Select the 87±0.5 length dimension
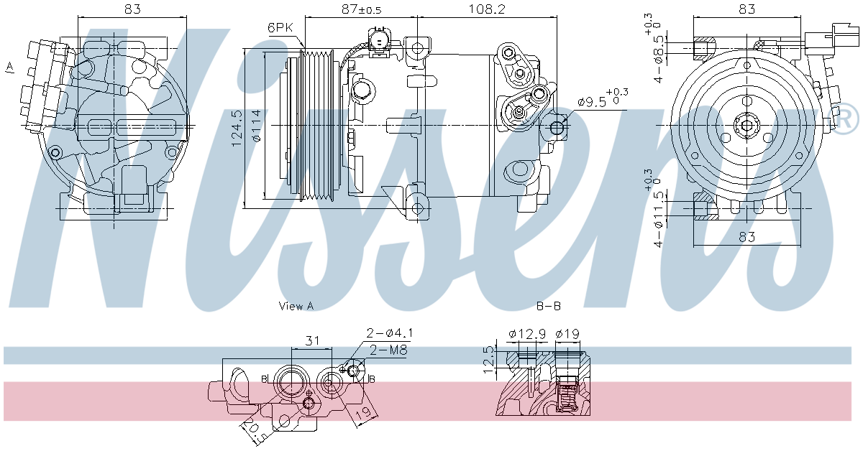pyautogui.click(x=362, y=9)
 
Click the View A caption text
pyautogui.click(x=296, y=306)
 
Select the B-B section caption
pyautogui.click(x=549, y=306)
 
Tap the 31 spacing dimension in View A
pyautogui.click(x=311, y=340)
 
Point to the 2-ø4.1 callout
pyautogui.click(x=389, y=333)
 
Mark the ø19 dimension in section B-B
pyautogui.click(x=567, y=333)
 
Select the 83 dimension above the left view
pyautogui.click(x=131, y=9)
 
